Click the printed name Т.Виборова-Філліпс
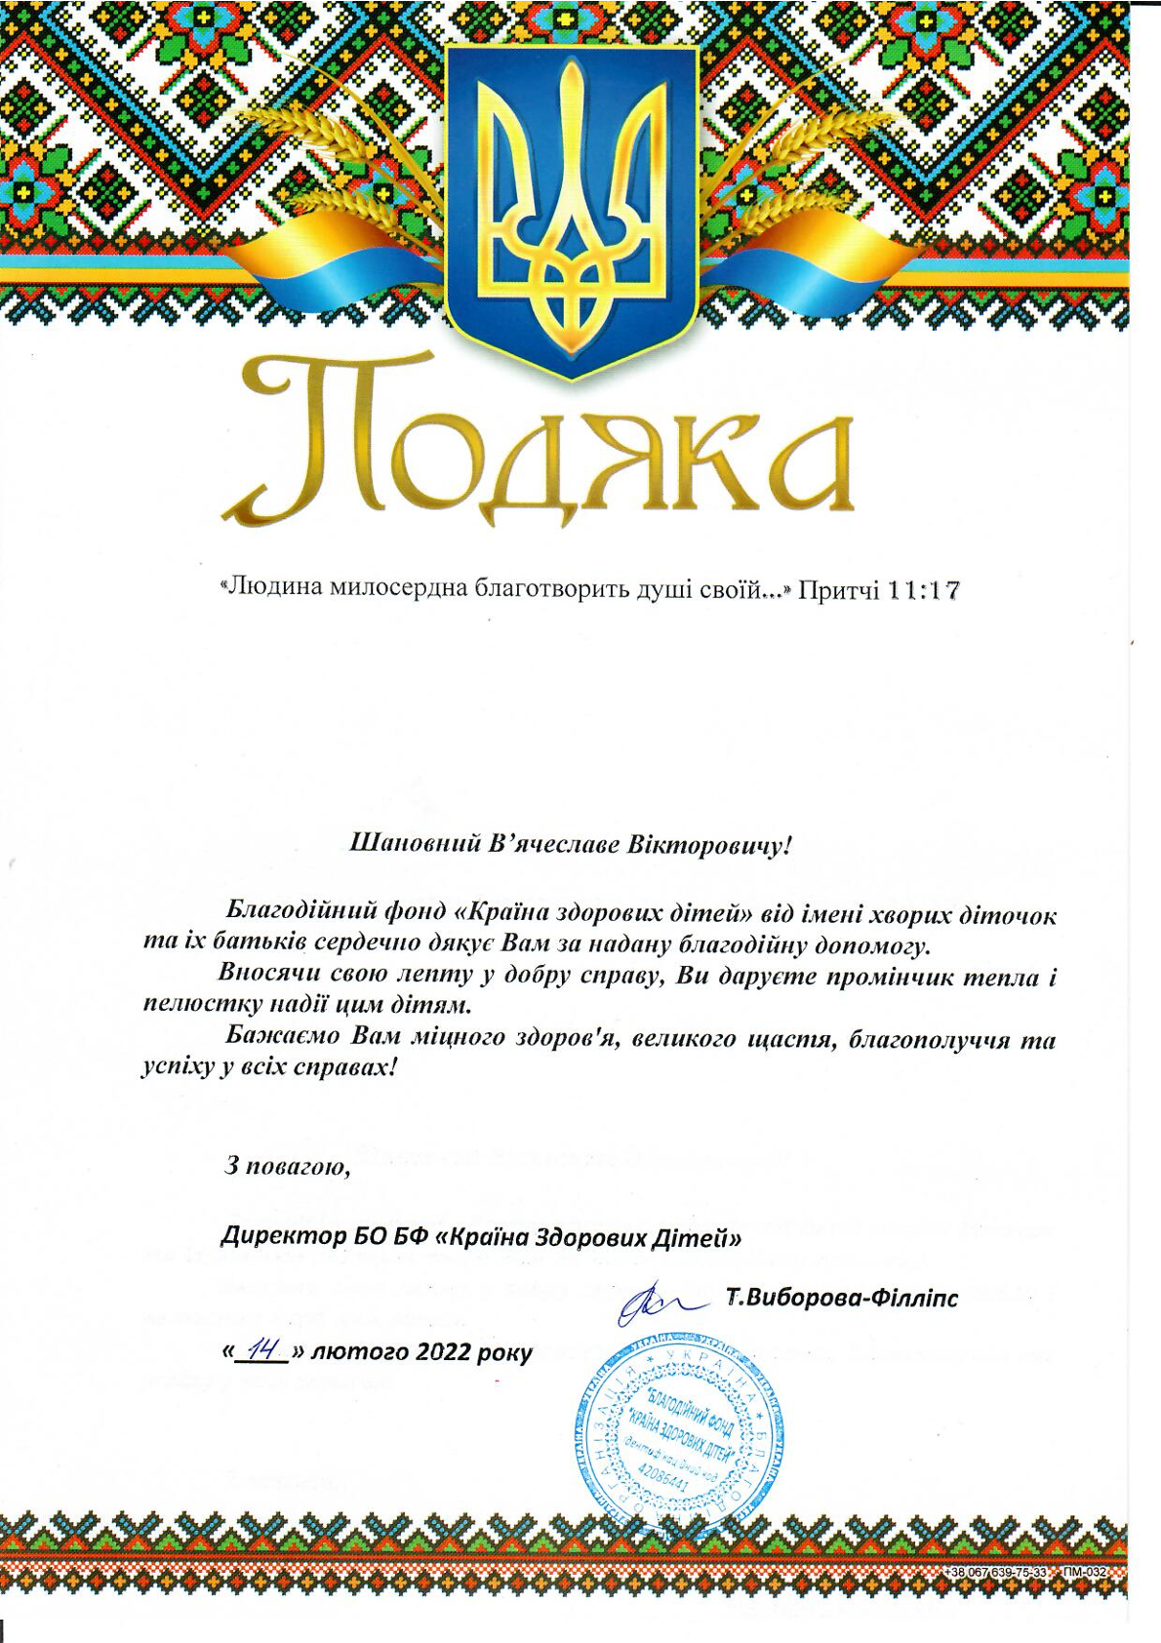click(x=842, y=1299)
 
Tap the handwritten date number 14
click(x=261, y=1351)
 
